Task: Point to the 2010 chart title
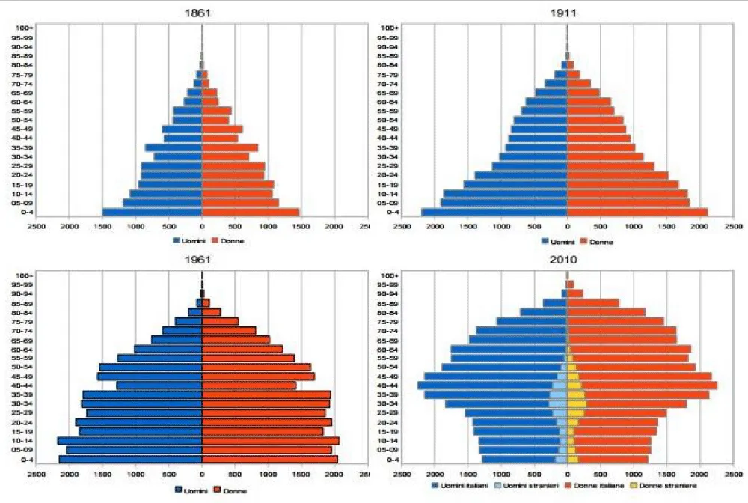point(568,260)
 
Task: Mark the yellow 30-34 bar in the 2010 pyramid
point(577,404)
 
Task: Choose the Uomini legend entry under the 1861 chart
point(187,240)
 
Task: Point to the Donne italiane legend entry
point(598,487)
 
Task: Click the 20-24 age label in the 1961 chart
point(22,422)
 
